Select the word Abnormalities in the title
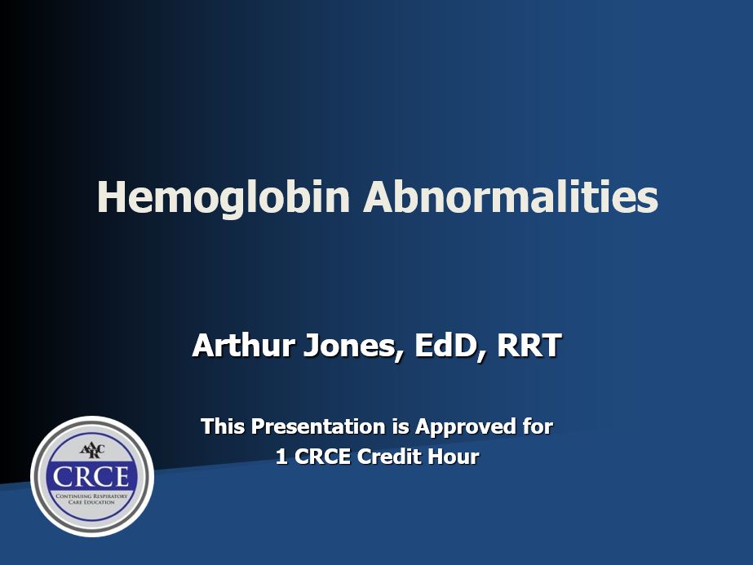point(511,197)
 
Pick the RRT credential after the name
point(529,346)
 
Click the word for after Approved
point(537,426)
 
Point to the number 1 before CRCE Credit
point(281,457)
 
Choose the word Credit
point(394,457)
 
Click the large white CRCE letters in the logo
point(92,475)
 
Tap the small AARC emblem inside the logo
point(91,450)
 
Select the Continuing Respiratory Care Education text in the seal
point(91,499)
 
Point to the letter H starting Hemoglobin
point(112,197)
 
